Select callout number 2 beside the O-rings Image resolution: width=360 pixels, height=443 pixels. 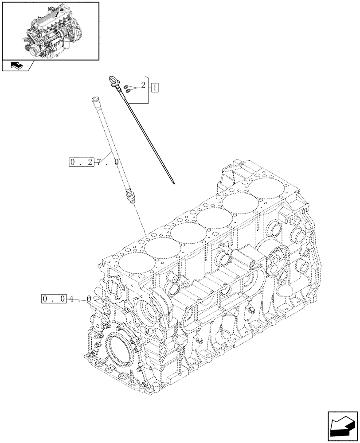[x=143, y=85]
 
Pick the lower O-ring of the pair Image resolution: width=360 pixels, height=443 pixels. [x=129, y=90]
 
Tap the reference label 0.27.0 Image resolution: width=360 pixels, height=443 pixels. [x=94, y=162]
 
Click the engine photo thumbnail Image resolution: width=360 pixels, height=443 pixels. [x=50, y=30]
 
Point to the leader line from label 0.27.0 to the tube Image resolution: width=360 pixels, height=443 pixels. [x=110, y=155]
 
